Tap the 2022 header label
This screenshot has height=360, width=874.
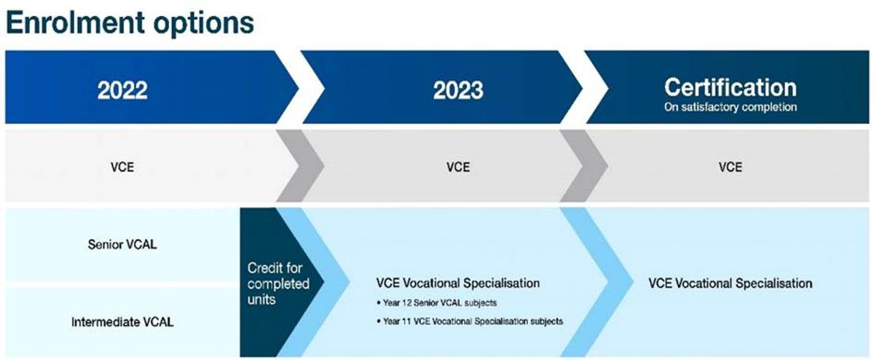pos(122,90)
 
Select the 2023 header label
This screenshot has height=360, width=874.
pos(458,90)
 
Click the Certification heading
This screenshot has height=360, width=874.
pos(731,87)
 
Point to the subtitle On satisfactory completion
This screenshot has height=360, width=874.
pos(731,107)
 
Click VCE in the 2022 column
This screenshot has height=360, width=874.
pos(122,167)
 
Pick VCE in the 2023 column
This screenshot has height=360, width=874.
pos(458,167)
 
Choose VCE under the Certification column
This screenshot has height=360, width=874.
pos(731,167)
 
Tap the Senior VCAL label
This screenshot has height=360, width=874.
pos(122,244)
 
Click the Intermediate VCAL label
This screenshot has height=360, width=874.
pos(122,322)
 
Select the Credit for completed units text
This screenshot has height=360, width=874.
pos(278,284)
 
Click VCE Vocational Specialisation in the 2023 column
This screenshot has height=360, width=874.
pos(458,283)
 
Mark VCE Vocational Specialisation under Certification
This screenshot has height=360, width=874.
pos(731,283)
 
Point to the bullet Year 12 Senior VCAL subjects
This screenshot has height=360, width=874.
pos(437,303)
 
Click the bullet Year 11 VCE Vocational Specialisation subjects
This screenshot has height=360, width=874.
pos(471,321)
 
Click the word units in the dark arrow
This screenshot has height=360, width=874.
pos(261,300)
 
